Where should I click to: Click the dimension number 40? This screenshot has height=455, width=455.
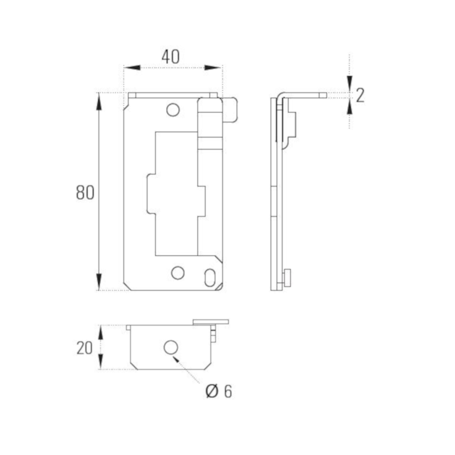coord(170,57)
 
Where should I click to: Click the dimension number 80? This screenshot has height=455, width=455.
coord(85,193)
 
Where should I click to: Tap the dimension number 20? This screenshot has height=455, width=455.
coord(84,348)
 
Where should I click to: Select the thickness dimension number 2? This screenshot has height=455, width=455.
coord(360,95)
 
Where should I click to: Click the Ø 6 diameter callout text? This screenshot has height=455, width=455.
coord(219,391)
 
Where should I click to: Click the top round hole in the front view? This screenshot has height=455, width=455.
coord(173,110)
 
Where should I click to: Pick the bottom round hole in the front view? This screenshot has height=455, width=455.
coord(178,273)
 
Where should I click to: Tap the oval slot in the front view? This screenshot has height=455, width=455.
coord(209,278)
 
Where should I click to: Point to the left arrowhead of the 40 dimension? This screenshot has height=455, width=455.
coord(132,68)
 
